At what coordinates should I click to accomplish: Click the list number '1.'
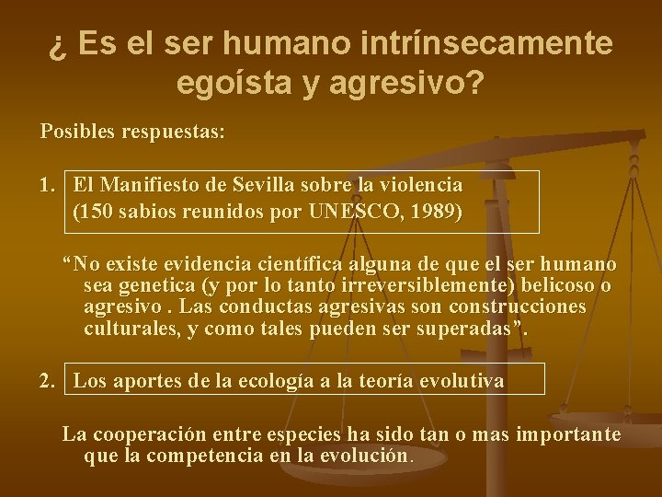50,184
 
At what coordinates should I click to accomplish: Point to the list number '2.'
50,380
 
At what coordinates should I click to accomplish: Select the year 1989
429,212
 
